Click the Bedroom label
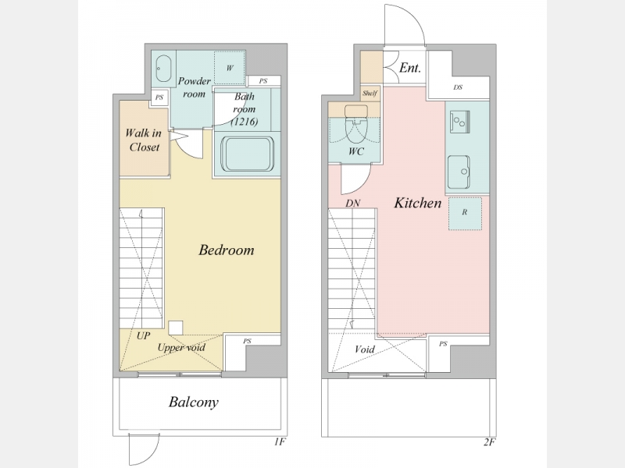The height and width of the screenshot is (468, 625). (227, 250)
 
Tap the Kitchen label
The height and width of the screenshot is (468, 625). (418, 203)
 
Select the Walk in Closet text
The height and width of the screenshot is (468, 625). (144, 140)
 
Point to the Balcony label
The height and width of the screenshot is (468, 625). (193, 402)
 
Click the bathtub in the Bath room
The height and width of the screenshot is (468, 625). (247, 154)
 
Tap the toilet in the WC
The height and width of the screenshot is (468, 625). (355, 123)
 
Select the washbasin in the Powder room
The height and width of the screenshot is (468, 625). (163, 69)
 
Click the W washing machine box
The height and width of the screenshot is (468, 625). (230, 68)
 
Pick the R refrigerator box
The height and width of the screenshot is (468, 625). (465, 213)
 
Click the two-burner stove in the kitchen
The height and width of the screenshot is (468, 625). (459, 122)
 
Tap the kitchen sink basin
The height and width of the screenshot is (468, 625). (459, 172)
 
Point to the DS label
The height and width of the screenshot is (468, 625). (458, 87)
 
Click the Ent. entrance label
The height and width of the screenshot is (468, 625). (410, 68)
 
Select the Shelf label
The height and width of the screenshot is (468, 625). (370, 94)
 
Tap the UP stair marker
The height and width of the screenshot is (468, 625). (143, 336)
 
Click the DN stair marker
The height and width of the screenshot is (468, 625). (353, 204)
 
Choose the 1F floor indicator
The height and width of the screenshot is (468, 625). (280, 441)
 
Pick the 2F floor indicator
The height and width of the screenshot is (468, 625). (489, 441)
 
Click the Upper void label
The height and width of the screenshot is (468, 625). (181, 347)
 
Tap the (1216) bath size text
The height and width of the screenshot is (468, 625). (245, 122)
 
